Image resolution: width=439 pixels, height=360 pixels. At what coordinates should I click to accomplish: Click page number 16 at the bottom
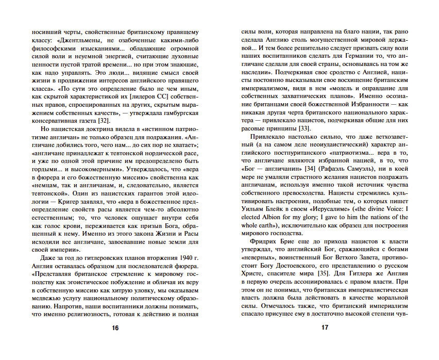(x=115, y=328)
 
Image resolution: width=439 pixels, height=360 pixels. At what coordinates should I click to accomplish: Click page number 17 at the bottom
(x=324, y=328)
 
